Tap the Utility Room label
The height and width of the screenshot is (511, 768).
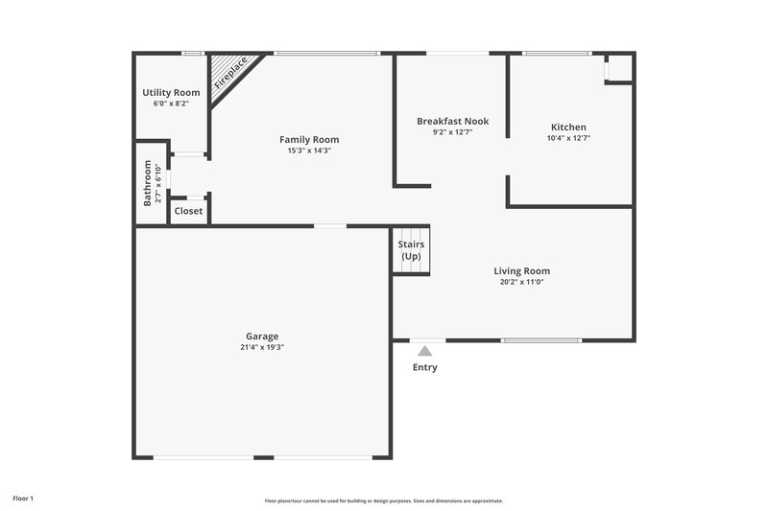click(x=171, y=92)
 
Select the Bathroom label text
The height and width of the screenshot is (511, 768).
click(x=148, y=182)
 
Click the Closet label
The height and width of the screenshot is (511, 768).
click(x=188, y=211)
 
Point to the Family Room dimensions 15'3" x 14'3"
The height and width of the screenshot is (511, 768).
click(x=308, y=151)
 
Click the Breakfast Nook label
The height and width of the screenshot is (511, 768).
click(x=452, y=121)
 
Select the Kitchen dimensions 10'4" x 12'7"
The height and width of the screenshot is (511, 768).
click(x=568, y=138)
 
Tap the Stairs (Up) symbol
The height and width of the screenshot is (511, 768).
click(x=411, y=251)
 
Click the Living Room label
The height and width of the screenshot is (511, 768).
click(x=521, y=270)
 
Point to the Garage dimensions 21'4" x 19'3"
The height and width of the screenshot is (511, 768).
click(x=262, y=347)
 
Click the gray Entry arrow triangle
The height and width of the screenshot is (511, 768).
click(x=424, y=351)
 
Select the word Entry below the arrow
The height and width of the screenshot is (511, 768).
click(x=424, y=367)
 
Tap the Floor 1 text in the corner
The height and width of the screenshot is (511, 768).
click(x=22, y=499)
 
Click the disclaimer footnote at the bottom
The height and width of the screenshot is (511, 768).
click(x=384, y=500)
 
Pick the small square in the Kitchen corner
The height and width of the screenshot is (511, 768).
click(x=619, y=68)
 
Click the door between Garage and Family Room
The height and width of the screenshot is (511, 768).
click(x=330, y=226)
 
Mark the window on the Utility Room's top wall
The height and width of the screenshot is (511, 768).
click(x=193, y=53)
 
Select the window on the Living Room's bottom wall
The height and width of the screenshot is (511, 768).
click(x=541, y=340)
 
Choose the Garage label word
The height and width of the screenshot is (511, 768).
click(x=262, y=337)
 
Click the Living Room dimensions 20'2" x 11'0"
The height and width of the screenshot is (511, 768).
click(x=521, y=282)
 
